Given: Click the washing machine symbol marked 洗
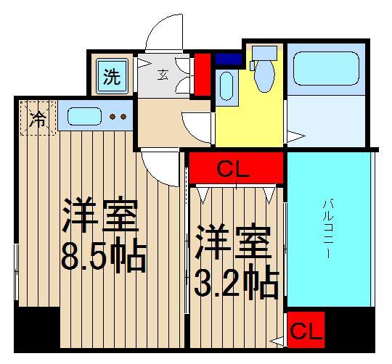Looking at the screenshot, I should coord(111,76).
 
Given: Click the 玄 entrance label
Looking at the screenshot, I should coord(163,73).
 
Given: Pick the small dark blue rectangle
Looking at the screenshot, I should coord(229,59).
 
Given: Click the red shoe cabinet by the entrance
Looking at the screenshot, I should coord(202,74).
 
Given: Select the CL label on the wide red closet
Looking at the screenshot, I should coord(234,171).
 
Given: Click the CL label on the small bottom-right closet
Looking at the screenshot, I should coord(306,332).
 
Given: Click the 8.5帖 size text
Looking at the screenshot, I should coord(104,255).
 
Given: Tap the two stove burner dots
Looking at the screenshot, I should coord(118,116).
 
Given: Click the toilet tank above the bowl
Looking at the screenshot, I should coord(265,53).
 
